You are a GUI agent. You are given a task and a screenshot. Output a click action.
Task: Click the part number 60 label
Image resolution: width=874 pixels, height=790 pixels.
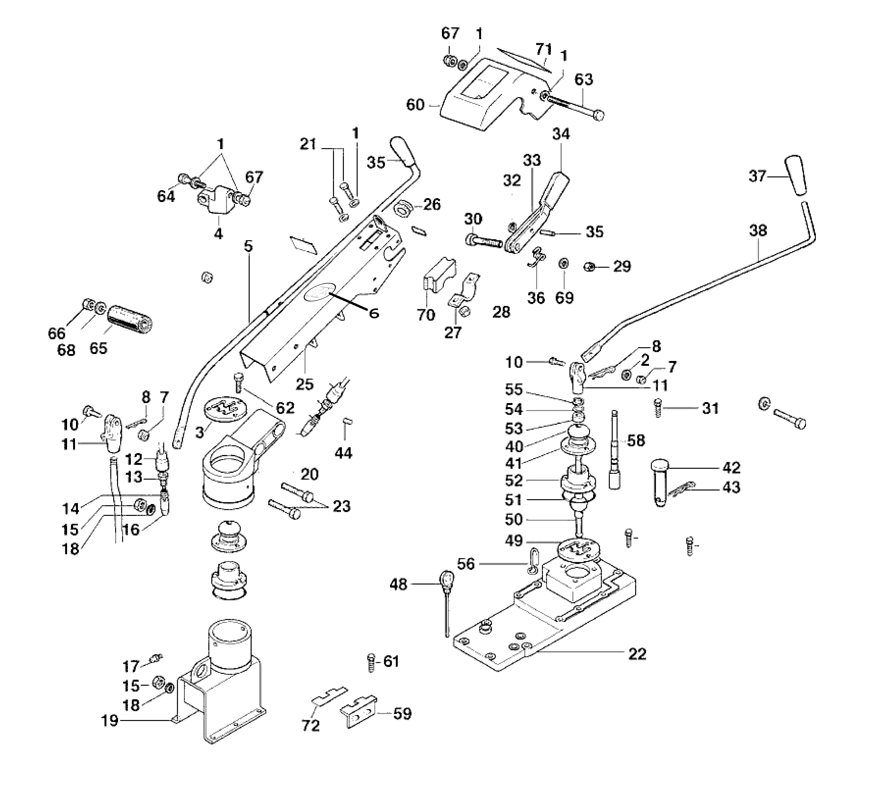[x=415, y=105]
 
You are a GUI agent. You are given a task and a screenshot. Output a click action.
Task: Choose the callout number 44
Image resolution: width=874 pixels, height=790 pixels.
[x=343, y=453]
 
